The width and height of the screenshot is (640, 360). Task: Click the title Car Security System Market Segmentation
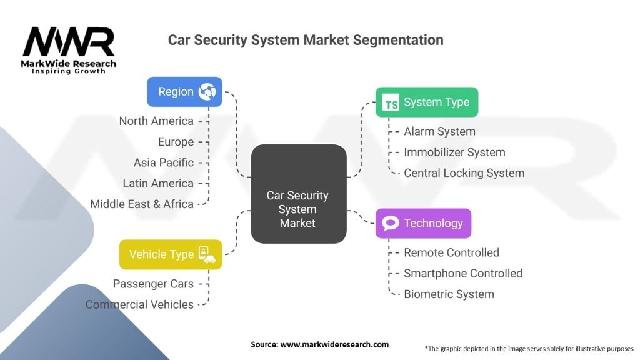(306, 40)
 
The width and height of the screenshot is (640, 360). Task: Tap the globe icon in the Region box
(206, 92)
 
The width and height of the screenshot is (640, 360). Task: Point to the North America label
(156, 121)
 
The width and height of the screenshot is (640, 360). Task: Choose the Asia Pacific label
(164, 162)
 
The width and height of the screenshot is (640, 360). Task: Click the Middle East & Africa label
(142, 204)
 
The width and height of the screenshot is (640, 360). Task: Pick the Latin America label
(159, 183)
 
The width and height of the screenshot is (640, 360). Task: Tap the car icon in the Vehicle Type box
(207, 254)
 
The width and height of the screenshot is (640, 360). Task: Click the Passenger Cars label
(153, 284)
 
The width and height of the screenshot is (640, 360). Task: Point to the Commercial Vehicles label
(139, 304)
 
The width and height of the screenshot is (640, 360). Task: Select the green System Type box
(426, 102)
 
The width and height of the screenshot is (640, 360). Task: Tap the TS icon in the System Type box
(391, 103)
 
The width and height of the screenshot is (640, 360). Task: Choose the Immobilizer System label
(454, 152)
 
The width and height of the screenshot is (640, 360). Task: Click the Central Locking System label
(464, 172)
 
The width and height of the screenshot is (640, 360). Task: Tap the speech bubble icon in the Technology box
(391, 223)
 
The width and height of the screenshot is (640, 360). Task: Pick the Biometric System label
(449, 294)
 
